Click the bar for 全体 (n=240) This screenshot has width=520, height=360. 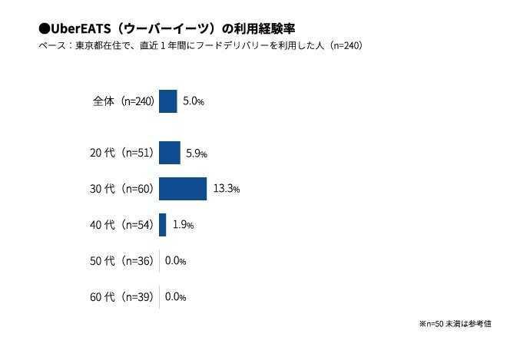(167, 101)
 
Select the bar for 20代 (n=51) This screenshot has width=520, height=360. (169, 153)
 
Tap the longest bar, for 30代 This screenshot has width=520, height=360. (183, 189)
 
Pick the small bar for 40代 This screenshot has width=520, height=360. (162, 225)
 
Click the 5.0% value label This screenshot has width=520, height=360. (194, 101)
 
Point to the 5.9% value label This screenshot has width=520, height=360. (197, 153)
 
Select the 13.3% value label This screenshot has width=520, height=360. (227, 189)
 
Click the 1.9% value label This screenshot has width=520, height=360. (182, 225)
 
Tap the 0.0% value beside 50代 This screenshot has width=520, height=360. (175, 261)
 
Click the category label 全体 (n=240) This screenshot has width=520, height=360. (124, 101)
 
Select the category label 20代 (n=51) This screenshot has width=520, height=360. (122, 153)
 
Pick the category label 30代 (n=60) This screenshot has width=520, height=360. (122, 189)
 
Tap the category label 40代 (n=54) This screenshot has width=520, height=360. (122, 225)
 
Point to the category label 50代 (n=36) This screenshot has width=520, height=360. (122, 261)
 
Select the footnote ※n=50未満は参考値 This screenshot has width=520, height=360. (455, 324)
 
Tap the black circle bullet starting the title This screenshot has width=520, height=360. (43, 28)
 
